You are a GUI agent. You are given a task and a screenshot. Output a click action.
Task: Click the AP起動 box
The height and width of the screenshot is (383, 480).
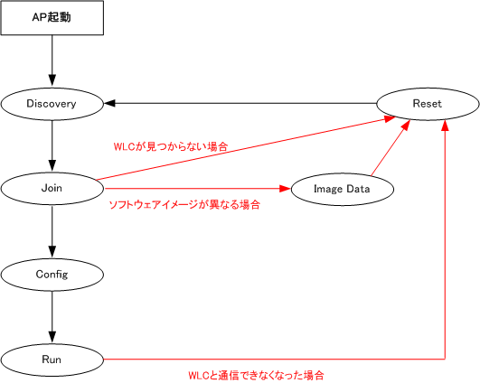[x=52, y=17]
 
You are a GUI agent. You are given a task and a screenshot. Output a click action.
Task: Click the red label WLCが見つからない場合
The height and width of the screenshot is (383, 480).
[x=171, y=146]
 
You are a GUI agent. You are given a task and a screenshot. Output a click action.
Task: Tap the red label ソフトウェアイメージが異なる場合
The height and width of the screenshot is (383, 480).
[x=184, y=204]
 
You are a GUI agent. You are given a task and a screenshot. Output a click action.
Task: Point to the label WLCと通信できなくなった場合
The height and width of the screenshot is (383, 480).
[x=256, y=376]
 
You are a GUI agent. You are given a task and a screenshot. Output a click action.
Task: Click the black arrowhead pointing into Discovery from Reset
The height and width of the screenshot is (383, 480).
[x=109, y=103]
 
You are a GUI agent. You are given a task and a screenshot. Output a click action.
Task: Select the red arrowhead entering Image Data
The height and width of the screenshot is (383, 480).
[x=285, y=189]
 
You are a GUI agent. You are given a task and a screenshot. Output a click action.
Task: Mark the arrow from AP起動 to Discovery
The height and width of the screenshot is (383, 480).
[x=52, y=61]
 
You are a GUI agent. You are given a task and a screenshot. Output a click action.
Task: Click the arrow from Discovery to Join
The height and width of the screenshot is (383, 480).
[x=52, y=145]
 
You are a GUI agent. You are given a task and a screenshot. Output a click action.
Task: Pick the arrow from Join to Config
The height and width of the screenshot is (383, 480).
[x=52, y=231]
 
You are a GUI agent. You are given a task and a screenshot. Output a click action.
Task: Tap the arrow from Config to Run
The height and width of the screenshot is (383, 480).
[x=52, y=317]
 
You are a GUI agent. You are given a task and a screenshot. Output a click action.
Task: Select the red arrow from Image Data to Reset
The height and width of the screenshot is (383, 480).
[x=391, y=148]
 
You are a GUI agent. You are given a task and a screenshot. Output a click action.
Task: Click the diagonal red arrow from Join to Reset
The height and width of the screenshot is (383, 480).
[x=246, y=148]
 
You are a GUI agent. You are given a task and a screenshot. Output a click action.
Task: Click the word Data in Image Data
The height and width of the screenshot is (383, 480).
[x=358, y=189]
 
